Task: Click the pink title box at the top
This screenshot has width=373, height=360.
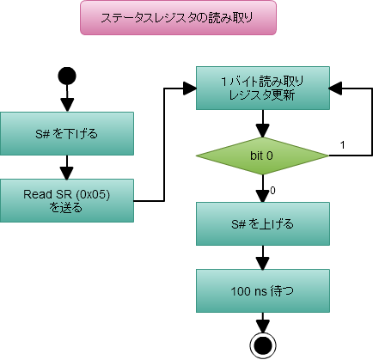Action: [179, 17]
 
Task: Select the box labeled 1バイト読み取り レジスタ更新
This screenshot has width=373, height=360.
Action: [262, 88]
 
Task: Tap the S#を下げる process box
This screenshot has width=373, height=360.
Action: [67, 133]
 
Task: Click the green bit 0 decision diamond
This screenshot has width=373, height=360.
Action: [262, 156]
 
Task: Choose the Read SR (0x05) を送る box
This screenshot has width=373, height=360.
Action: [67, 200]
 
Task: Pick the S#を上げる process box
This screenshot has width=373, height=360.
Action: [262, 224]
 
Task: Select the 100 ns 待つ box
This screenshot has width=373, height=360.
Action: [262, 291]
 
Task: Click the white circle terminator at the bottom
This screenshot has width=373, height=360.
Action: [263, 345]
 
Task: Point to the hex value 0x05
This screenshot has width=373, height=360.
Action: [112, 193]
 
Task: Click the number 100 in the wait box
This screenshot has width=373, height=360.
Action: [242, 291]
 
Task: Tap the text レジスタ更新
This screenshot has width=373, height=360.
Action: [262, 95]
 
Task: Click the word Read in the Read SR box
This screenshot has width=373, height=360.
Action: [38, 193]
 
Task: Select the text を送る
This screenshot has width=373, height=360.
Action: [67, 207]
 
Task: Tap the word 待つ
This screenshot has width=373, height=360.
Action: [284, 291]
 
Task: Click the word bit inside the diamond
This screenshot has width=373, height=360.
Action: [256, 156]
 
